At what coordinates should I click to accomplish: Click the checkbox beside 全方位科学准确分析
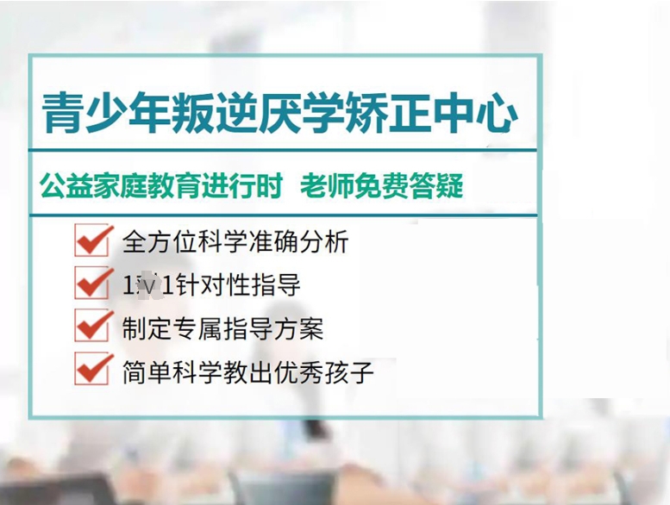tap(93, 240)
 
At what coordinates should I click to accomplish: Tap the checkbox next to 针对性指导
tap(93, 283)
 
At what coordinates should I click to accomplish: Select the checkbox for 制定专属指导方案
tap(93, 326)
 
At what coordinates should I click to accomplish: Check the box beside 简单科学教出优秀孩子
tap(93, 369)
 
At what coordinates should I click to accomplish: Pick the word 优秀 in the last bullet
tap(303, 371)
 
